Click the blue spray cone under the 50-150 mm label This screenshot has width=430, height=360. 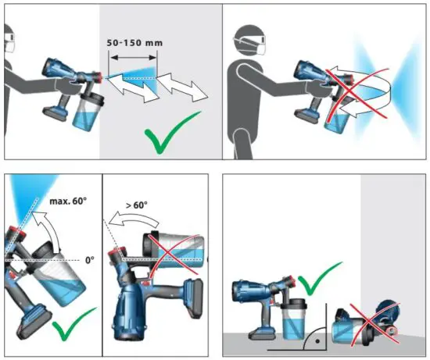coord(136,79)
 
